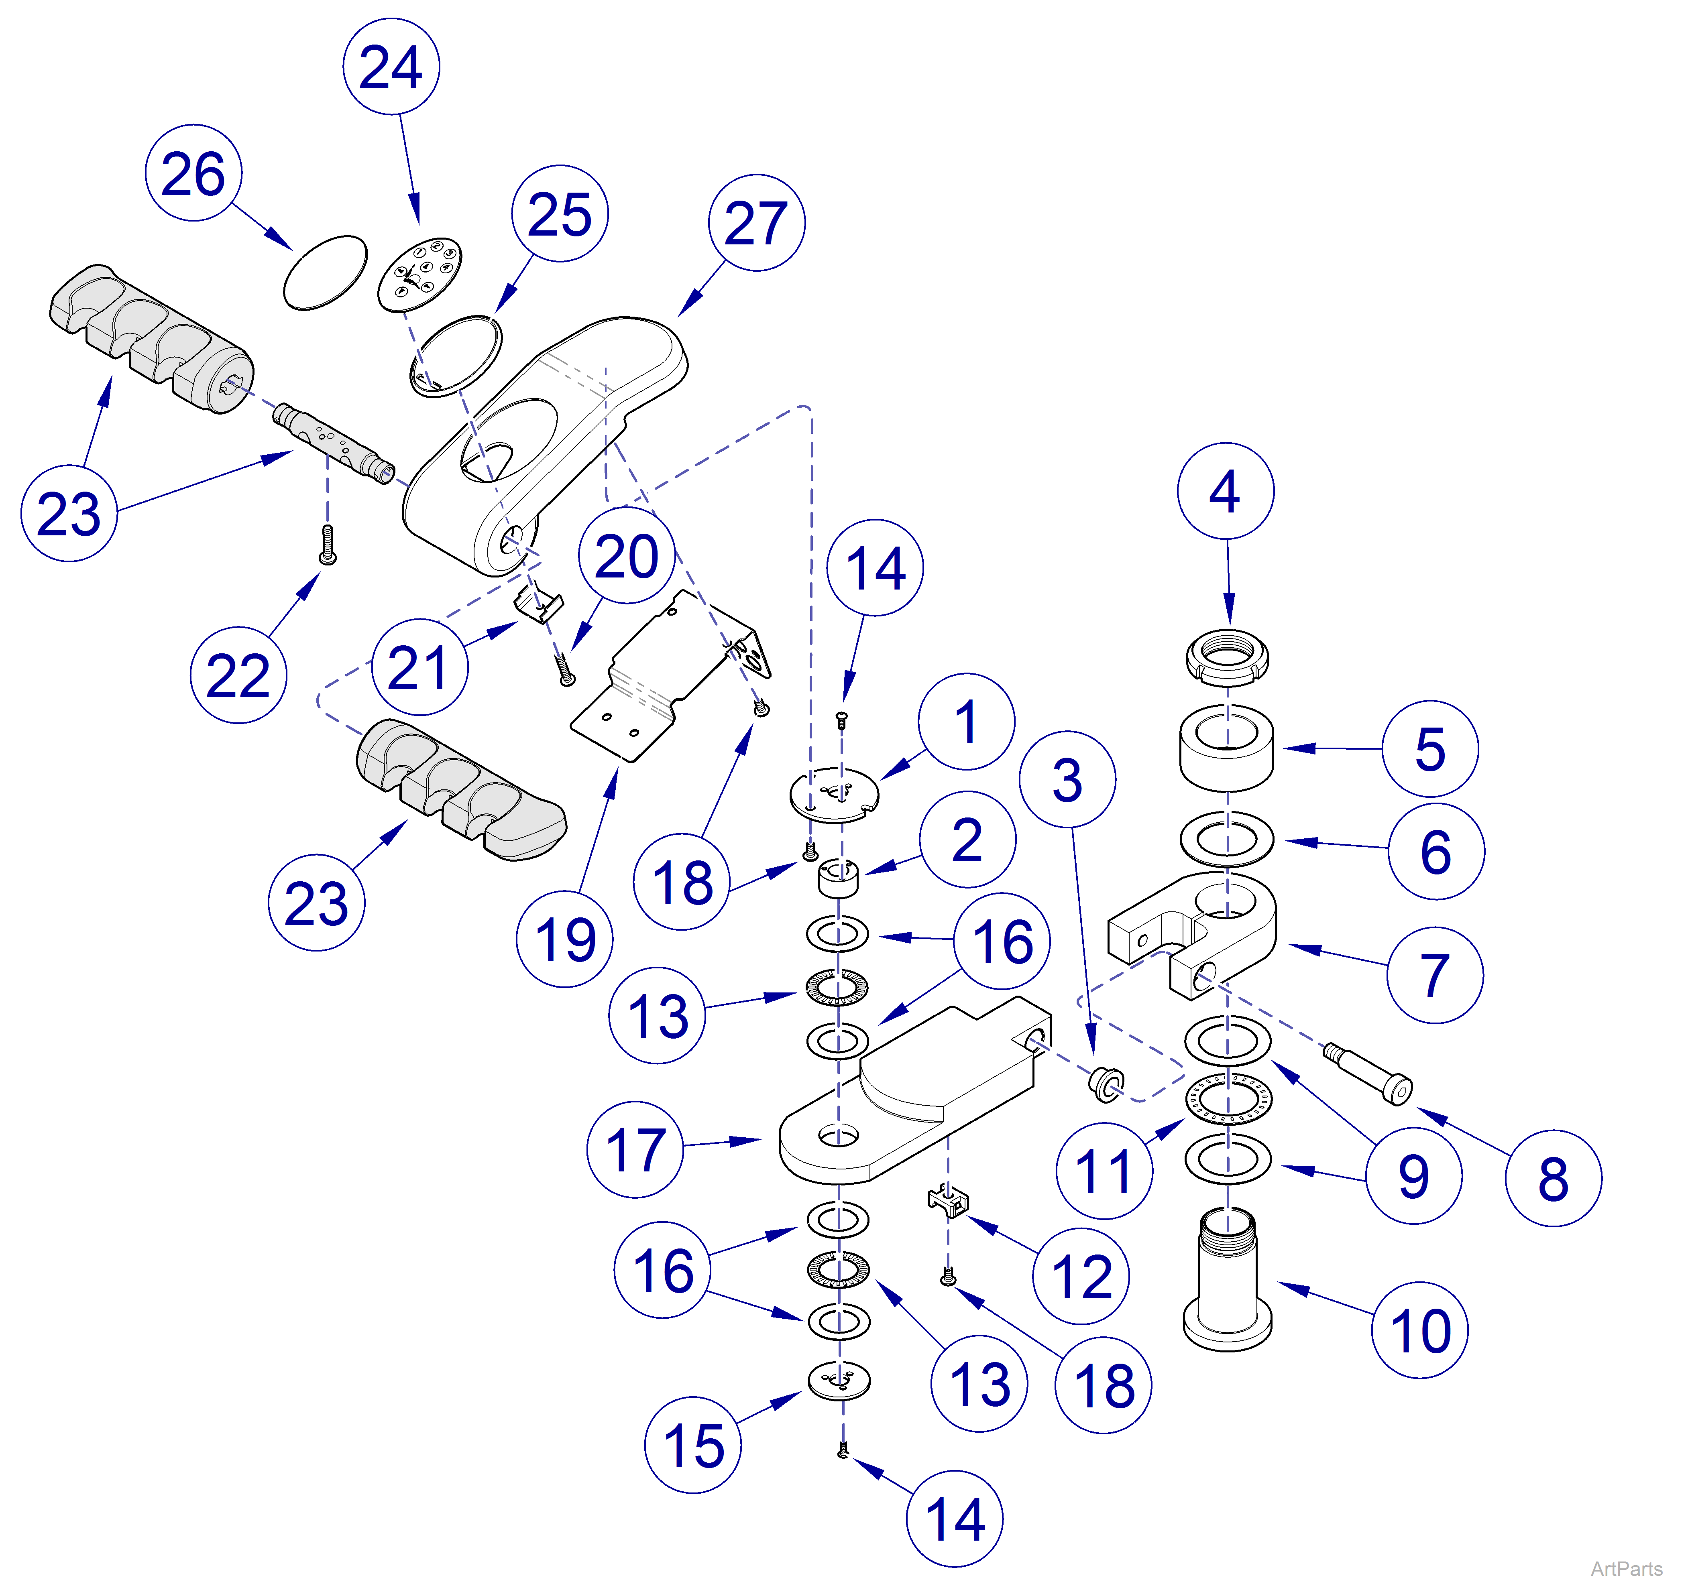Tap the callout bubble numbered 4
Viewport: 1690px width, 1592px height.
click(1225, 490)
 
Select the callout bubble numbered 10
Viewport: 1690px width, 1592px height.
click(1420, 1330)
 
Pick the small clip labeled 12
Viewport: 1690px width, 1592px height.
click(948, 1200)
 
